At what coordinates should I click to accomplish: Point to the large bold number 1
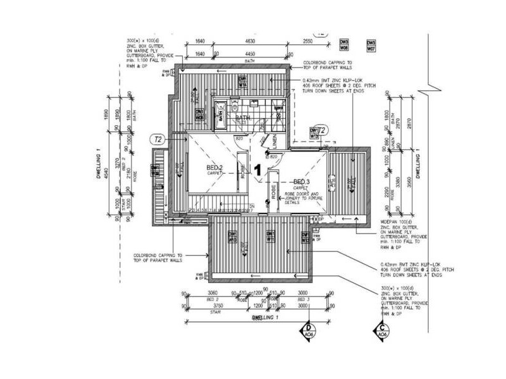click(x=257, y=169)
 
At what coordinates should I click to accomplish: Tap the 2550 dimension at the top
click(x=307, y=42)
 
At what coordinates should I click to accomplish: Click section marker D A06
click(x=309, y=330)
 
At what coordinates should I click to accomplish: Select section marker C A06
click(x=383, y=330)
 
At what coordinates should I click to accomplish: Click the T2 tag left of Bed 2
click(x=157, y=138)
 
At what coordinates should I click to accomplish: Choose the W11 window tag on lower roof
click(x=270, y=238)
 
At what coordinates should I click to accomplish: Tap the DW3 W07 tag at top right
click(x=371, y=45)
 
